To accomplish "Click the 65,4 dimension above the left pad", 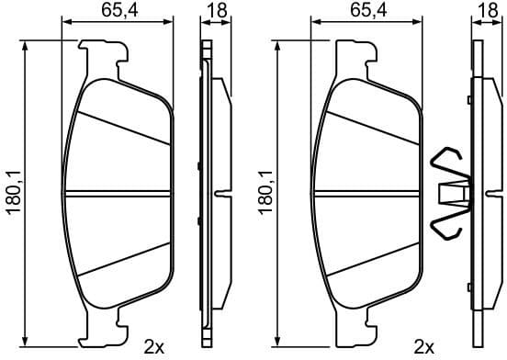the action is [x=119, y=10].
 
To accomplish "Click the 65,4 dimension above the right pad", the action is [x=368, y=10].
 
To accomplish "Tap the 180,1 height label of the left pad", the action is [x=15, y=192].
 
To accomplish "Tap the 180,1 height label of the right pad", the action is [x=265, y=192].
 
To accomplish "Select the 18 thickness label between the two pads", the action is [x=218, y=10].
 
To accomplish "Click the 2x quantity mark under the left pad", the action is [x=154, y=347].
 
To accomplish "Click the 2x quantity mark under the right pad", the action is [x=423, y=347].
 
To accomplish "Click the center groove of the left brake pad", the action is [x=117, y=193].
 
